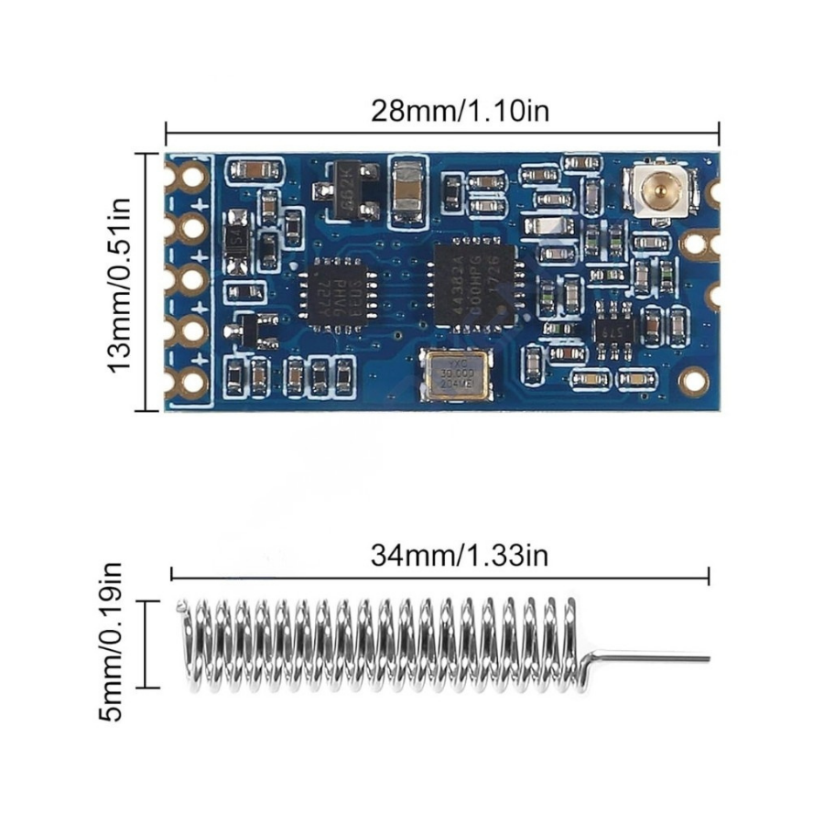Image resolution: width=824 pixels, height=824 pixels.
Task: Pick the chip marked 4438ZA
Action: (472, 285)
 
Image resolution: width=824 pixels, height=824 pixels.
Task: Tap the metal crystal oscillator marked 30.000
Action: (457, 375)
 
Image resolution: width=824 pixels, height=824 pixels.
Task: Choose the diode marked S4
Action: (236, 240)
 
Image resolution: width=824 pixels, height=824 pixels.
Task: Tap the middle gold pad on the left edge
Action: (192, 278)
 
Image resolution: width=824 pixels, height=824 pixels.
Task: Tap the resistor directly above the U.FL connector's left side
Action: (582, 163)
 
